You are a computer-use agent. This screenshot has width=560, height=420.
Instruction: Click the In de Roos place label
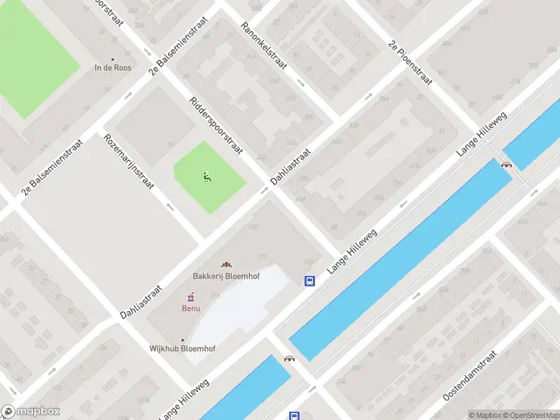(113, 68)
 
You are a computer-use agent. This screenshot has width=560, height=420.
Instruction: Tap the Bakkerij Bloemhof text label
(226, 276)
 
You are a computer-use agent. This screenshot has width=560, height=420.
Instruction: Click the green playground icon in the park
(207, 177)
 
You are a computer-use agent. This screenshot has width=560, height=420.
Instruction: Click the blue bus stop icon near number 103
(309, 281)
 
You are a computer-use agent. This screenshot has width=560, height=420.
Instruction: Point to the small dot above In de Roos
(113, 59)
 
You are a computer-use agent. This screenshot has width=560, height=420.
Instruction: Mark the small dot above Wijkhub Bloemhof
(183, 340)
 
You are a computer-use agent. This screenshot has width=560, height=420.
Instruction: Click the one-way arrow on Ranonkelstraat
(300, 83)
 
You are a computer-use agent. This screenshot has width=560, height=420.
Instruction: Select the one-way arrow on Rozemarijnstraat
(169, 206)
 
